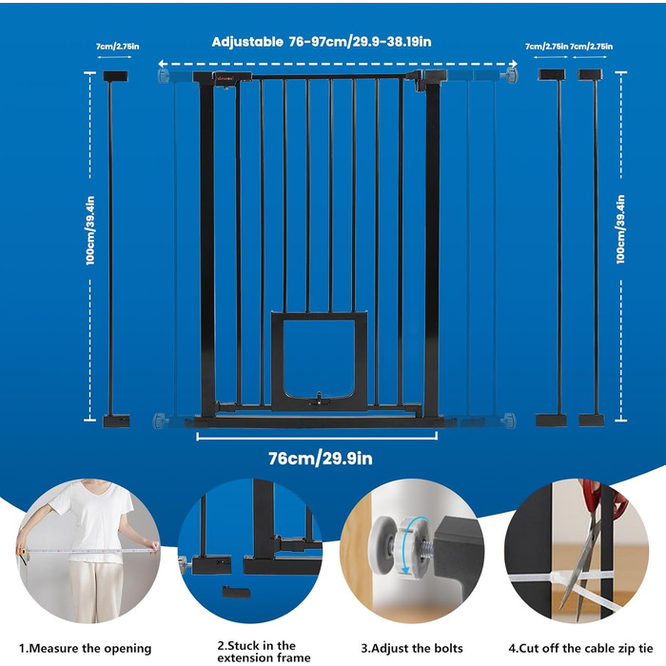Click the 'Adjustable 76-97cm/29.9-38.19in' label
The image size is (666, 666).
point(322,42)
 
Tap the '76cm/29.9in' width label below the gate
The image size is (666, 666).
point(321,459)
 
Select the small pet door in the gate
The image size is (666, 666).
point(319,361)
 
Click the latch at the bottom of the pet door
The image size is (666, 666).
point(319,399)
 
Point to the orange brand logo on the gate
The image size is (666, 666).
point(225,78)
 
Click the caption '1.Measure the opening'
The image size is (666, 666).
point(86,649)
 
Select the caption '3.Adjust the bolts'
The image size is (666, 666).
point(412,649)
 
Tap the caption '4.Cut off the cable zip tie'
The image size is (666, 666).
point(580,649)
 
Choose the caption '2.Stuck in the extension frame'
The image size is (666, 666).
point(264,652)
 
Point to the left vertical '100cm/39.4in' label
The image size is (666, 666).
point(90,230)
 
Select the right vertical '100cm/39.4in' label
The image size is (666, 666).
point(620,229)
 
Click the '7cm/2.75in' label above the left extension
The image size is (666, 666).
point(117,47)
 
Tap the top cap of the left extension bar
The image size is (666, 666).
point(115,76)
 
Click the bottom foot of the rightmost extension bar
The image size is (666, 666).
point(591,421)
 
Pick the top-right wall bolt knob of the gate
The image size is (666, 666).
point(511,75)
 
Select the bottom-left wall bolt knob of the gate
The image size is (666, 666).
point(160,421)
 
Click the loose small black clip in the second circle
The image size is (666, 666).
point(236,592)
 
